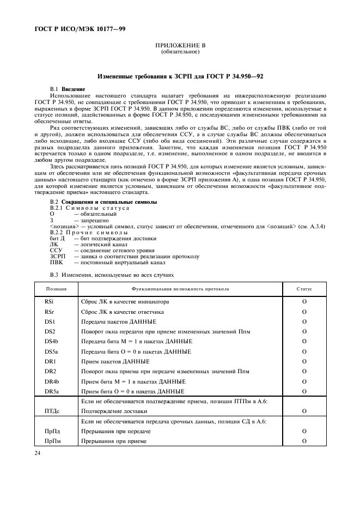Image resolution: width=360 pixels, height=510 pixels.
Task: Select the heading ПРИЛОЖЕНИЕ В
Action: pyautogui.click(x=180, y=46)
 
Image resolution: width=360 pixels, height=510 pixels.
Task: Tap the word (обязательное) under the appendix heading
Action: pyautogui.click(x=180, y=52)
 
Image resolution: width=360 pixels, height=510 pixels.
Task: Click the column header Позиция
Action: pyautogui.click(x=56, y=289)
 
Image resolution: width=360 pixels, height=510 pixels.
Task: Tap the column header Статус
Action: pyautogui.click(x=304, y=289)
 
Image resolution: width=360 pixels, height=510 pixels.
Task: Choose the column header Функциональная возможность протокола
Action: pyautogui.click(x=180, y=289)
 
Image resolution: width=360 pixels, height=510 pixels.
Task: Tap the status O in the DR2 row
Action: pyautogui.click(x=304, y=371)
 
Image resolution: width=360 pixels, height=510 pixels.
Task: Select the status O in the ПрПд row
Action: pyautogui.click(x=304, y=430)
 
